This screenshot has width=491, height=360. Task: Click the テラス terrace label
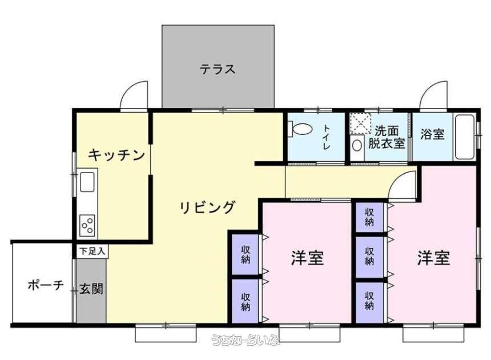pyautogui.click(x=218, y=69)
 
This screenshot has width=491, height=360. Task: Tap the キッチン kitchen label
pyautogui.click(x=116, y=155)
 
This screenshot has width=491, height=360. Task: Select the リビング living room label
pyautogui.click(x=207, y=207)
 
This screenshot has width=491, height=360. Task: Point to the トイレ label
pyautogui.click(x=327, y=137)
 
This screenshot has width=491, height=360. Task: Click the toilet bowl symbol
pyautogui.click(x=301, y=129)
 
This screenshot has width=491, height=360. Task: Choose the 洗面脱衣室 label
pyautogui.click(x=387, y=137)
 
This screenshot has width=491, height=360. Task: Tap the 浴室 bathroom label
pyautogui.click(x=432, y=134)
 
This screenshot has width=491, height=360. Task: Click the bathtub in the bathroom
pyautogui.click(x=465, y=137)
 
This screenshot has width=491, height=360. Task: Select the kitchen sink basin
pyautogui.click(x=87, y=182)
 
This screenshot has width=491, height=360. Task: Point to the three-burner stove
pyautogui.click(x=87, y=225)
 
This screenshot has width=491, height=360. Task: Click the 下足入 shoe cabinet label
pyautogui.click(x=92, y=251)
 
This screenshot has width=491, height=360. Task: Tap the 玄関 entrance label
pyautogui.click(x=91, y=289)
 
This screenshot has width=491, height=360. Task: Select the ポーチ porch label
pyautogui.click(x=46, y=285)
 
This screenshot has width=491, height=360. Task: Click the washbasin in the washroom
pyautogui.click(x=357, y=145)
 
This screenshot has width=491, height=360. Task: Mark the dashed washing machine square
pyautogui.click(x=360, y=123)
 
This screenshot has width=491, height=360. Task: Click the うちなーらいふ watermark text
pyautogui.click(x=246, y=339)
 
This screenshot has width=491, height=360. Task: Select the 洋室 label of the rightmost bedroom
pyautogui.click(x=434, y=258)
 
